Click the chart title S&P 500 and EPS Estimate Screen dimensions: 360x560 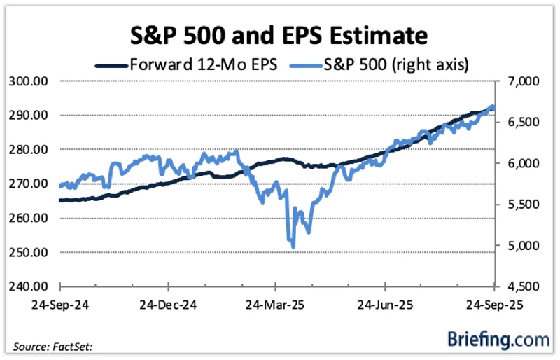pos(280,35)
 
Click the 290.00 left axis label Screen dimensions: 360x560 pos(30,116)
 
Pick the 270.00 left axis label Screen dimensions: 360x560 pos(30,184)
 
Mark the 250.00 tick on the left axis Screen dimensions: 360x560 pos(30,253)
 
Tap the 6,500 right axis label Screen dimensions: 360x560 pos(519,123)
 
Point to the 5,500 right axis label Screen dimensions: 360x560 pos(519,205)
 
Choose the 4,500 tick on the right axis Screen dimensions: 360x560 pos(519,287)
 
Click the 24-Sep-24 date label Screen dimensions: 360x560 pos(61,306)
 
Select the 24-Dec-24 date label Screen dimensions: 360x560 pos(169,306)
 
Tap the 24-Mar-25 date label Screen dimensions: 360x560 pos(276,306)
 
